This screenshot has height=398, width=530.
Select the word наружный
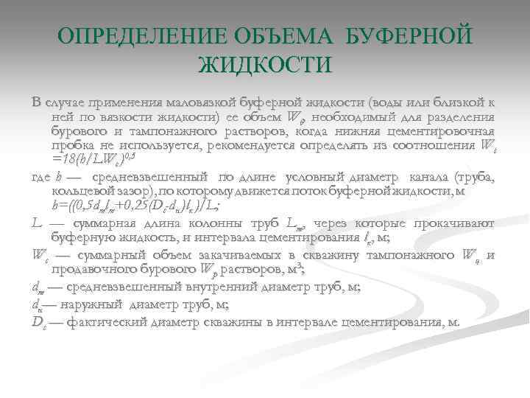point(91,306)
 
